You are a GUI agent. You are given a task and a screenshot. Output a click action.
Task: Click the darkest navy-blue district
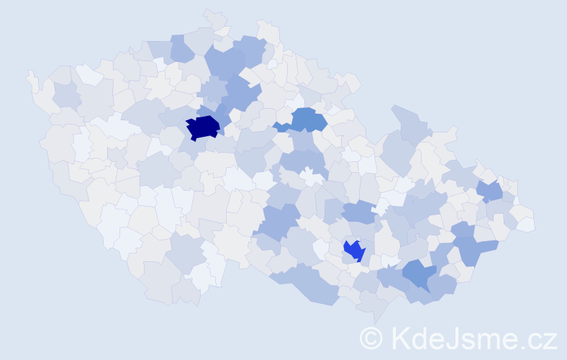coord(202,127)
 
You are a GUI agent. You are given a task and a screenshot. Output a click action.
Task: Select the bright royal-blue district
coord(354,250)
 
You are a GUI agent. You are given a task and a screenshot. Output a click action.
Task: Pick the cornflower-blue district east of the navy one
coord(307,118)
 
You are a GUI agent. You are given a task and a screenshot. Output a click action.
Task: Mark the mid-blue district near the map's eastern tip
coord(491,191)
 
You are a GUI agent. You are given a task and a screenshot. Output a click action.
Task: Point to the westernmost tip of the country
coord(30,75)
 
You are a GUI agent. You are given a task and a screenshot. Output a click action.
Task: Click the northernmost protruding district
coord(214,17)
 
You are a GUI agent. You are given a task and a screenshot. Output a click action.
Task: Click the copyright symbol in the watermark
coord(371,338)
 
